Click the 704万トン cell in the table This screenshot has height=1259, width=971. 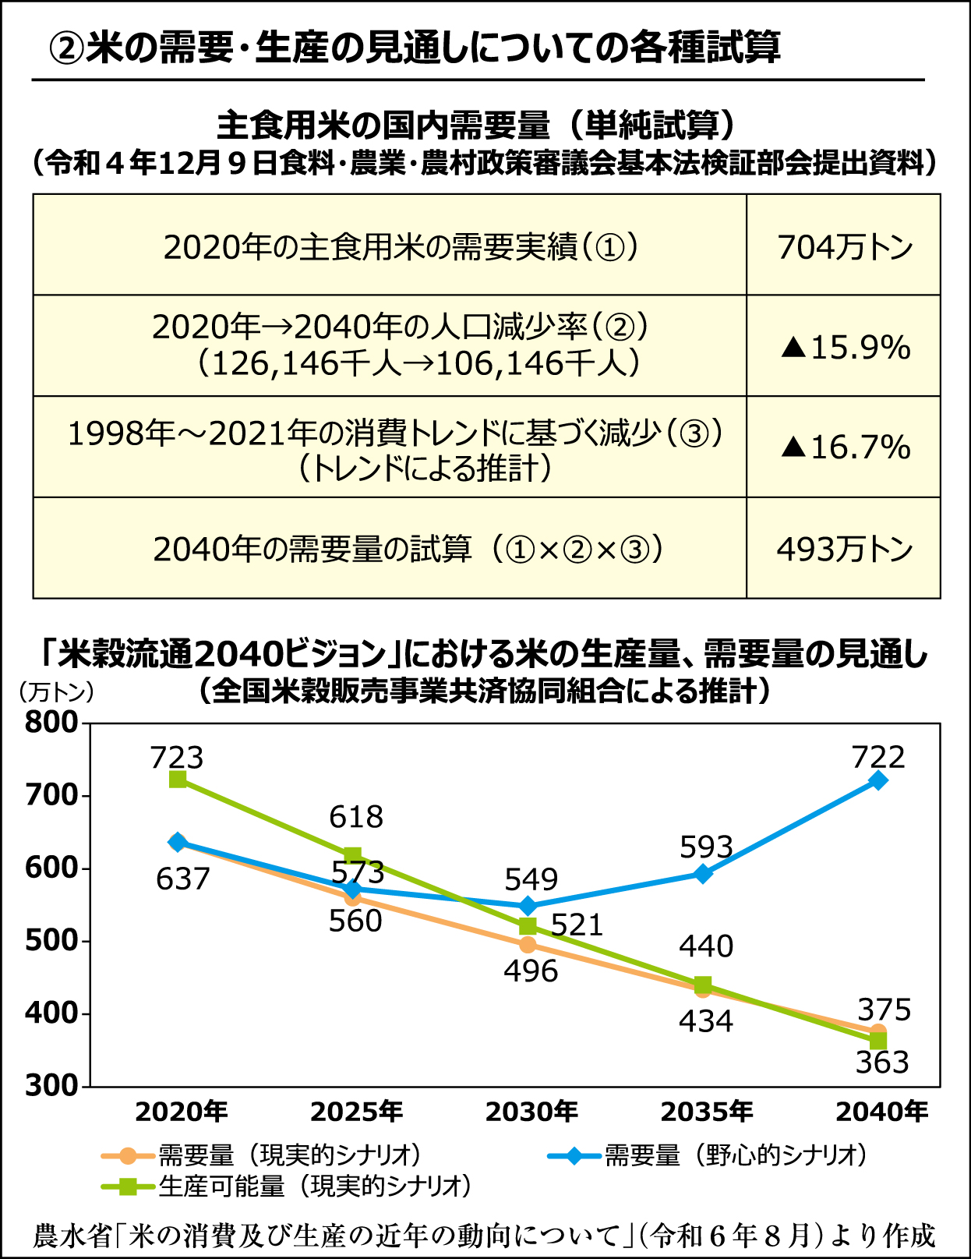[844, 247]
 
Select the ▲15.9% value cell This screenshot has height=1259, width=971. [845, 347]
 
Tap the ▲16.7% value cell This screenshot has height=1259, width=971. [845, 447]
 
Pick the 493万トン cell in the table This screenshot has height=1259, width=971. [844, 549]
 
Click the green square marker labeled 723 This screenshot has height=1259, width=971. [178, 779]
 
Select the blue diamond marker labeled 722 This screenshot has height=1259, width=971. [878, 780]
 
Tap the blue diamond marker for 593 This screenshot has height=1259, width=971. [703, 874]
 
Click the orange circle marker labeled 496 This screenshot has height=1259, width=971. [528, 945]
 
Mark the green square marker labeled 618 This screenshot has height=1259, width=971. [352, 856]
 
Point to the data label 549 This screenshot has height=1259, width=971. [531, 879]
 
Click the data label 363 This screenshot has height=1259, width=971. [882, 1063]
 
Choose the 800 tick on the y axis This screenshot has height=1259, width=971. [51, 723]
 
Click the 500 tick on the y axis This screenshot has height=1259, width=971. [51, 941]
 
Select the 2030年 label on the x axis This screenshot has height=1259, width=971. [531, 1112]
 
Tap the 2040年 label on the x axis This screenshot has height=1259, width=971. [881, 1112]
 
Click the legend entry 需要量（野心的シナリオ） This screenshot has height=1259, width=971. [708, 1155]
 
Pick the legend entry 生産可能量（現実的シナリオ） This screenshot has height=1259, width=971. [288, 1186]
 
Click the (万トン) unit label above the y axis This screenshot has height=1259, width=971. [56, 691]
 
